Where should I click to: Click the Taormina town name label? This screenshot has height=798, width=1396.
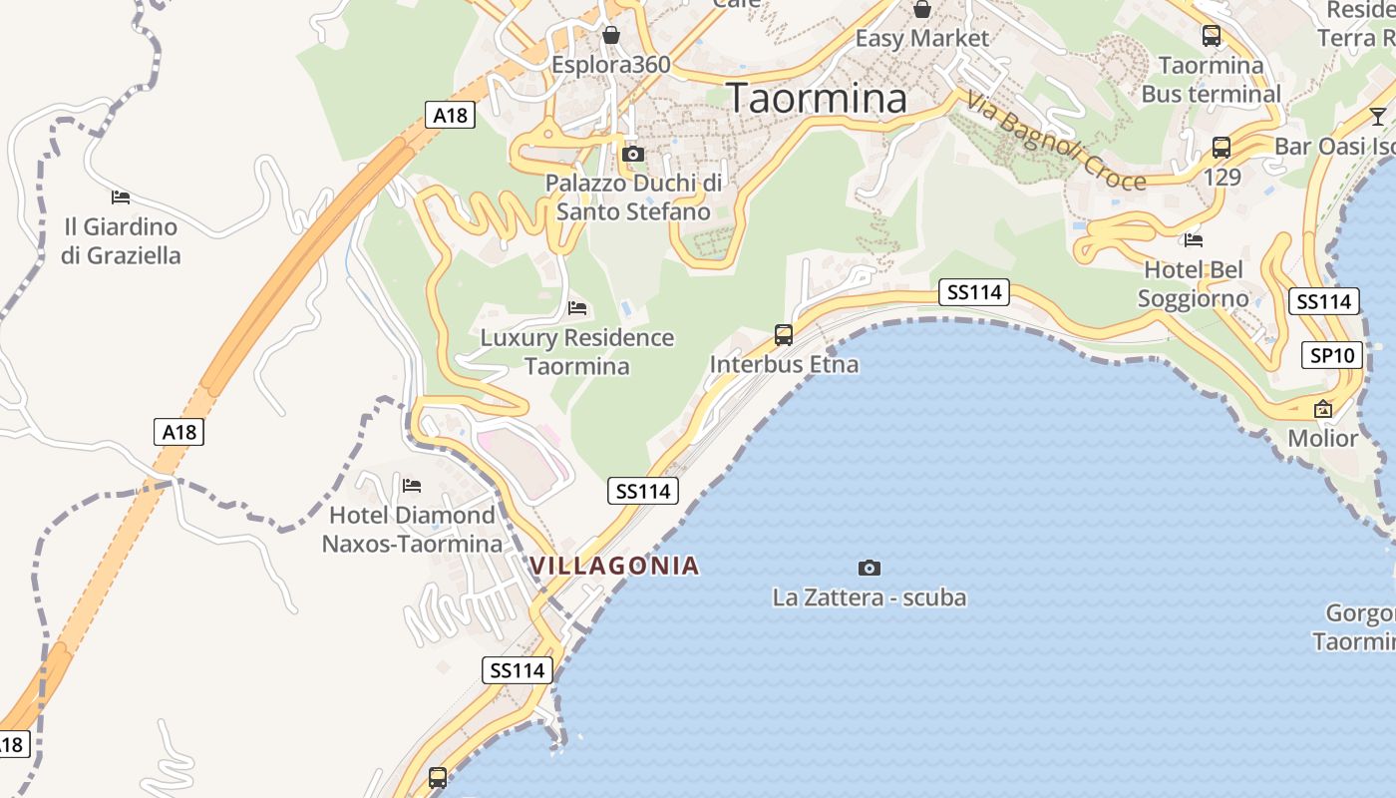817,99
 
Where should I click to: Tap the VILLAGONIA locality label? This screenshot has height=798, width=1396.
614,566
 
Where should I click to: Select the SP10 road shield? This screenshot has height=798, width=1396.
1332,354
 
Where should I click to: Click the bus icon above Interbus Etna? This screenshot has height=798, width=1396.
784,335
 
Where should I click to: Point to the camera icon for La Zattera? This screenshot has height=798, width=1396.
870,568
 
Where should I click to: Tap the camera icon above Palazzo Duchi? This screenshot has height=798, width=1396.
632,154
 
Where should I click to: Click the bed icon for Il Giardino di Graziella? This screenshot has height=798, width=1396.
121,197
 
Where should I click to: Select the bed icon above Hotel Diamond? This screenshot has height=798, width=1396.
411,486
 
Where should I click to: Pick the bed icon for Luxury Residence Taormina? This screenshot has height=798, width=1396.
577,307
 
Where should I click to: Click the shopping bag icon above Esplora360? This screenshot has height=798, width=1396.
611,36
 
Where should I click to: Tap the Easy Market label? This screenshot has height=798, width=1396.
922,39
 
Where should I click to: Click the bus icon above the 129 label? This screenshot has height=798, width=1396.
1221,148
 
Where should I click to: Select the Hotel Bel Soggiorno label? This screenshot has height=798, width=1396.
1193,284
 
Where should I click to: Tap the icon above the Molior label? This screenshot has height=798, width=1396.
1323,409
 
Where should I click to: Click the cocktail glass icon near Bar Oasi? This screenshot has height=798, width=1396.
1378,116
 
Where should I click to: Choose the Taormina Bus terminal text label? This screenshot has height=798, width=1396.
1211,80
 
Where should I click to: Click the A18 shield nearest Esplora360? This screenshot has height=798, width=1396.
450,115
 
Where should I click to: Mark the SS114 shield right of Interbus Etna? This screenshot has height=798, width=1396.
974,292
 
